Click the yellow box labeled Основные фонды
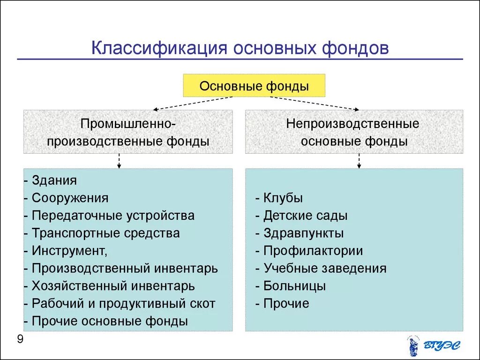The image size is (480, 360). coord(254,86)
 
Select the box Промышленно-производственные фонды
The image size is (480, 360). coord(128,132)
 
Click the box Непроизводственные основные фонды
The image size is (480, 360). coord(354,132)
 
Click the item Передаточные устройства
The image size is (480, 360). coord(113,216)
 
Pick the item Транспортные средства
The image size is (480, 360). coord(105,233)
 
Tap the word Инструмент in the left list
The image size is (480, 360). coord(69,251)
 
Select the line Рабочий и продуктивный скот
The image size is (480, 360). coord(123,303)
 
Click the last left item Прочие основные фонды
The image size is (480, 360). coord(110,321)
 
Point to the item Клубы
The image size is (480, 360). coord(283,198)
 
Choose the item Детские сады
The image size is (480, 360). coord(305,216)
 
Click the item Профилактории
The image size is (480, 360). coord(313,251)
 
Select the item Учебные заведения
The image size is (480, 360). coord(324,269)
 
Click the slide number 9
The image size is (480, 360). coord(20,339)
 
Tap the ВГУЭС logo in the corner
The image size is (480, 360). coord(434,346)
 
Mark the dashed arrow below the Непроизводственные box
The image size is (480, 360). coord(359,161)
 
